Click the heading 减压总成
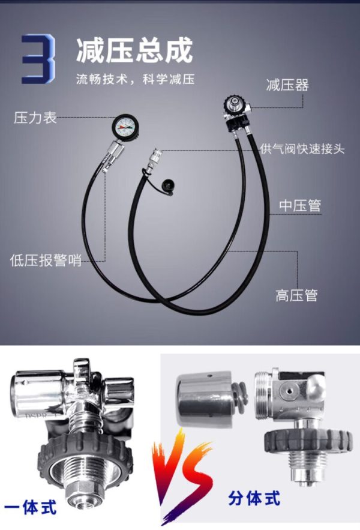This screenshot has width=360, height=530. tap(134, 50)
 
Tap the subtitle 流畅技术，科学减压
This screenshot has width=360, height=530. tap(135, 79)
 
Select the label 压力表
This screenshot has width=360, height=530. tap(35, 118)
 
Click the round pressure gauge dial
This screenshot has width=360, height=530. tap(124, 127)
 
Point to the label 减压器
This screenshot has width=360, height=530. tap(287, 85)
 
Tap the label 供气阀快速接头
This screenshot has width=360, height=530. tap(302, 149)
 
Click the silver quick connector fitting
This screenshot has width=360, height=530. tap(154, 158)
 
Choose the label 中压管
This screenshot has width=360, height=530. tap(300, 205)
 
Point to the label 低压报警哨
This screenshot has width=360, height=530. tap(46, 260)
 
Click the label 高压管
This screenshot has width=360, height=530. tap(296, 295)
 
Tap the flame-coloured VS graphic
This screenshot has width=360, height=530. tap(182, 476)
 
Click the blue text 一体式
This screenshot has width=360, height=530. tap(30, 507)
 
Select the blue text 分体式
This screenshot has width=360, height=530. tap(254, 498)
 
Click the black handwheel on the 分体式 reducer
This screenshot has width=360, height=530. tap(308, 441)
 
